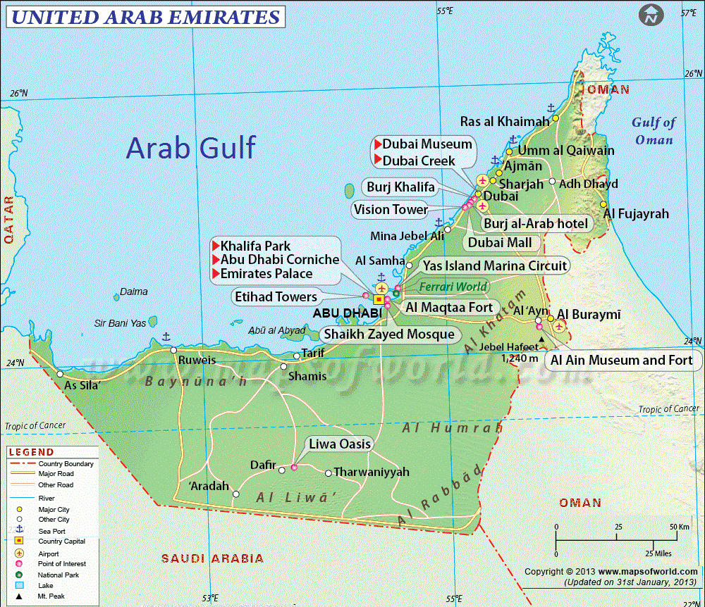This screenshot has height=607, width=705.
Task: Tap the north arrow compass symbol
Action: coord(651,14)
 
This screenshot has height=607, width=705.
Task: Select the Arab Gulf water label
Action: coord(190,149)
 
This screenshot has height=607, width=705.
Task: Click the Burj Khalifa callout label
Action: coord(400,187)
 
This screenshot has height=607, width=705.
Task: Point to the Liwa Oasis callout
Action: coord(338,444)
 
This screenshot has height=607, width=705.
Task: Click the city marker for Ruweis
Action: coord(173,350)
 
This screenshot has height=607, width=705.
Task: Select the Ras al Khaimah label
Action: coord(504,122)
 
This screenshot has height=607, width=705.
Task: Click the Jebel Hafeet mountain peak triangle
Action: coord(541,339)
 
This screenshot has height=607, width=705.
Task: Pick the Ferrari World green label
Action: coord(453,287)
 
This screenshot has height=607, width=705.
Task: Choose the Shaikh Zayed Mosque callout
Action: coord(388,334)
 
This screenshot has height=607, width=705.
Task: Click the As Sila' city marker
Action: coord(60,374)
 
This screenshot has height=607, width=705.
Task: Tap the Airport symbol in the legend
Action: coord(20,554)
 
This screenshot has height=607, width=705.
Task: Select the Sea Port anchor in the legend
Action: coord(20,530)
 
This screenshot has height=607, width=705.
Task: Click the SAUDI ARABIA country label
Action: coord(212,558)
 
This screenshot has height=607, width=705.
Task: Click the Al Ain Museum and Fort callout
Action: coord(621,361)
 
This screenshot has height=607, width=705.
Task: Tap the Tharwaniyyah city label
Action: coord(371,472)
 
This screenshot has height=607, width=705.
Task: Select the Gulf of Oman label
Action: coord(654,130)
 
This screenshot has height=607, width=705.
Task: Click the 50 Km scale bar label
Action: coord(679,527)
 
